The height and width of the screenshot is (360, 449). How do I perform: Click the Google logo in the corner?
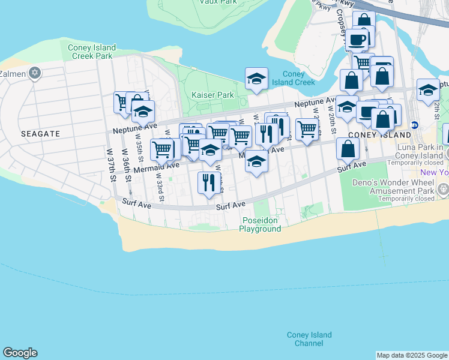coord(20,353)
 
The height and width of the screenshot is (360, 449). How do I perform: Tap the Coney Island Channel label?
coord(309,339)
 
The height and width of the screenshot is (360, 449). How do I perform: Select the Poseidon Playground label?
coord(259,224)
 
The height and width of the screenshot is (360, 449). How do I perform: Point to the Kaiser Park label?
coord(212,95)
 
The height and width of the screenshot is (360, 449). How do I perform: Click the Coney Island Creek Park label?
coord(91,52)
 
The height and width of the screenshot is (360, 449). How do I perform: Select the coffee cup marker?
coord(357,40)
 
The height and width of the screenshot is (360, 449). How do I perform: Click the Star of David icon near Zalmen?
coord(35,73)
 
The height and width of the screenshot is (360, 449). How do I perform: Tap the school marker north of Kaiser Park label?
coord(256,79)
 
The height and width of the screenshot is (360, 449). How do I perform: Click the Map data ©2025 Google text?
coord(412,355)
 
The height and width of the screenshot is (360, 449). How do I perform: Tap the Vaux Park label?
coord(217,2)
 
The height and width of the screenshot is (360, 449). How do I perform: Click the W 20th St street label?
coord(331,113)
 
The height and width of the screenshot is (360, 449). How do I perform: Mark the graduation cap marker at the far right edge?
coord(427,90)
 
